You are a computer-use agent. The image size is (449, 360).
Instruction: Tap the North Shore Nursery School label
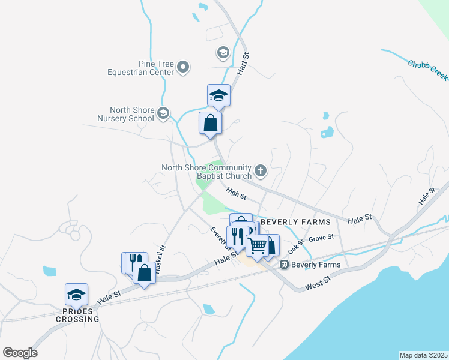[131, 114]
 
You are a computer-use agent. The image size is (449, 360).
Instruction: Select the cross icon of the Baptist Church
[261, 172]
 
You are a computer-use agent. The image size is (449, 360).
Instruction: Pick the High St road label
[237, 193]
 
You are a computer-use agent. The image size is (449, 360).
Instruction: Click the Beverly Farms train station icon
[285, 265]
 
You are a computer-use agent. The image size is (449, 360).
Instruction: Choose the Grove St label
[321, 238]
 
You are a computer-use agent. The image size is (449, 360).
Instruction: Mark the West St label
[319, 280]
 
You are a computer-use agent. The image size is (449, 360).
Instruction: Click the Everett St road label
[219, 238]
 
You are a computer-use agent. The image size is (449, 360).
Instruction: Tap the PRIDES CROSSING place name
[77, 315]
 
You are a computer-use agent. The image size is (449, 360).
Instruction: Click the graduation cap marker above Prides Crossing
[76, 295]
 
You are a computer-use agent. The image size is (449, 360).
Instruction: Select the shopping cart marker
[258, 245]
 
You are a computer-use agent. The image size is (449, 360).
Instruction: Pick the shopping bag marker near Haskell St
[144, 274]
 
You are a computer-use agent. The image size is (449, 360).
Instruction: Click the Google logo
[20, 353]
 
